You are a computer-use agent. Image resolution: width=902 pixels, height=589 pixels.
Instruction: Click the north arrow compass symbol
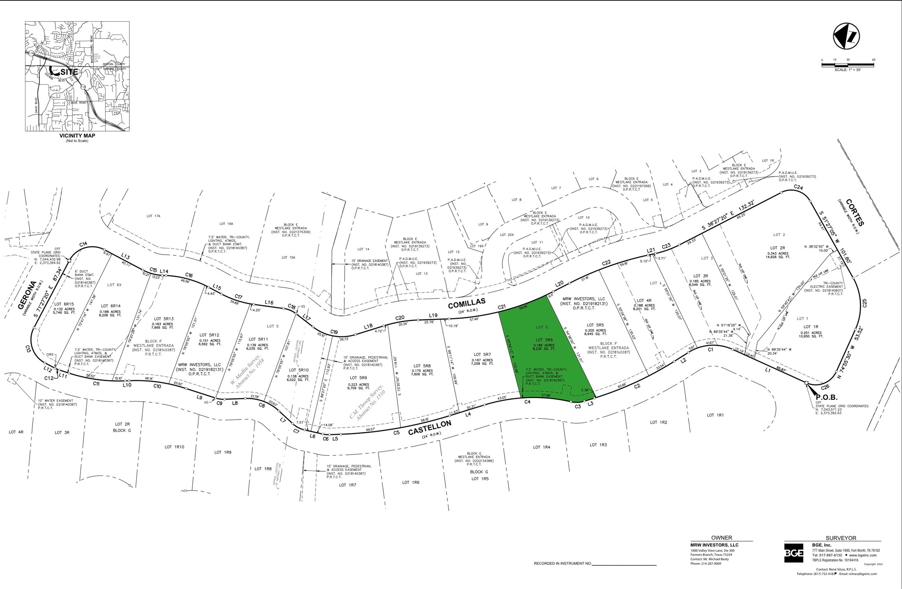[846, 37]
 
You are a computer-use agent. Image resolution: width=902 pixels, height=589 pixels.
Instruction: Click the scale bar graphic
[847, 65]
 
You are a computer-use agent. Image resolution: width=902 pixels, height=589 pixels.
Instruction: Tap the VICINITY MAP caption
[77, 136]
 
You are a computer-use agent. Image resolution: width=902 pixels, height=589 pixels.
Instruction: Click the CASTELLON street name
[429, 428]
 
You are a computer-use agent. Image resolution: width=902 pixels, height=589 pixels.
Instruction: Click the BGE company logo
[794, 553]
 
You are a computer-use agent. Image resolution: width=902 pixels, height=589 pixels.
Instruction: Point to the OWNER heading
[722, 538]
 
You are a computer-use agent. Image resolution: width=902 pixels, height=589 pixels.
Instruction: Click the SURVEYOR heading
[841, 538]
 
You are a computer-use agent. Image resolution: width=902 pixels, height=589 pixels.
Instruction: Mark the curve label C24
[798, 187]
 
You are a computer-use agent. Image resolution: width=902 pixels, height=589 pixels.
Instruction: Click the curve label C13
[28, 349]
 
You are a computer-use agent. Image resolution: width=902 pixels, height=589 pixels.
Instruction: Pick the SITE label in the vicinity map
[69, 72]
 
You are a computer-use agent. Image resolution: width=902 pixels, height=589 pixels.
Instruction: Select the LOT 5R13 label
[164, 319]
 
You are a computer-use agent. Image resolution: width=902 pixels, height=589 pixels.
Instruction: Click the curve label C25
[865, 303]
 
